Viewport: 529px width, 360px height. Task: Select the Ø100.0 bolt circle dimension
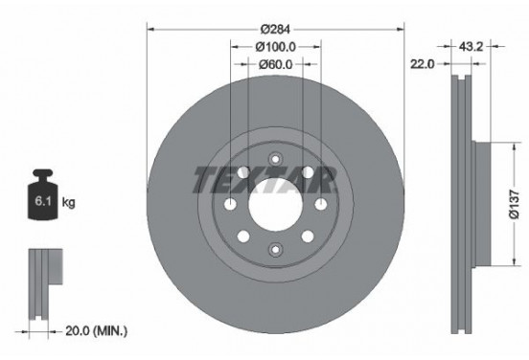pyautogui.click(x=275, y=45)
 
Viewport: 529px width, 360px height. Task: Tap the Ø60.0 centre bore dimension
pyautogui.click(x=275, y=64)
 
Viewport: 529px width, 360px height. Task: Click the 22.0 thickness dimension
pyautogui.click(x=423, y=64)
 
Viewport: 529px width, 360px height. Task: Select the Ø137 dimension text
pyautogui.click(x=515, y=203)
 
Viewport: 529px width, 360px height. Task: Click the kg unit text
pyautogui.click(x=68, y=204)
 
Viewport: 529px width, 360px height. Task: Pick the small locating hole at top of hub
pyautogui.click(x=275, y=159)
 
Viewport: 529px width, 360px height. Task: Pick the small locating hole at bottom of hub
pyautogui.click(x=275, y=249)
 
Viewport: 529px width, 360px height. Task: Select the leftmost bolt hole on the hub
pyautogui.click(x=230, y=203)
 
